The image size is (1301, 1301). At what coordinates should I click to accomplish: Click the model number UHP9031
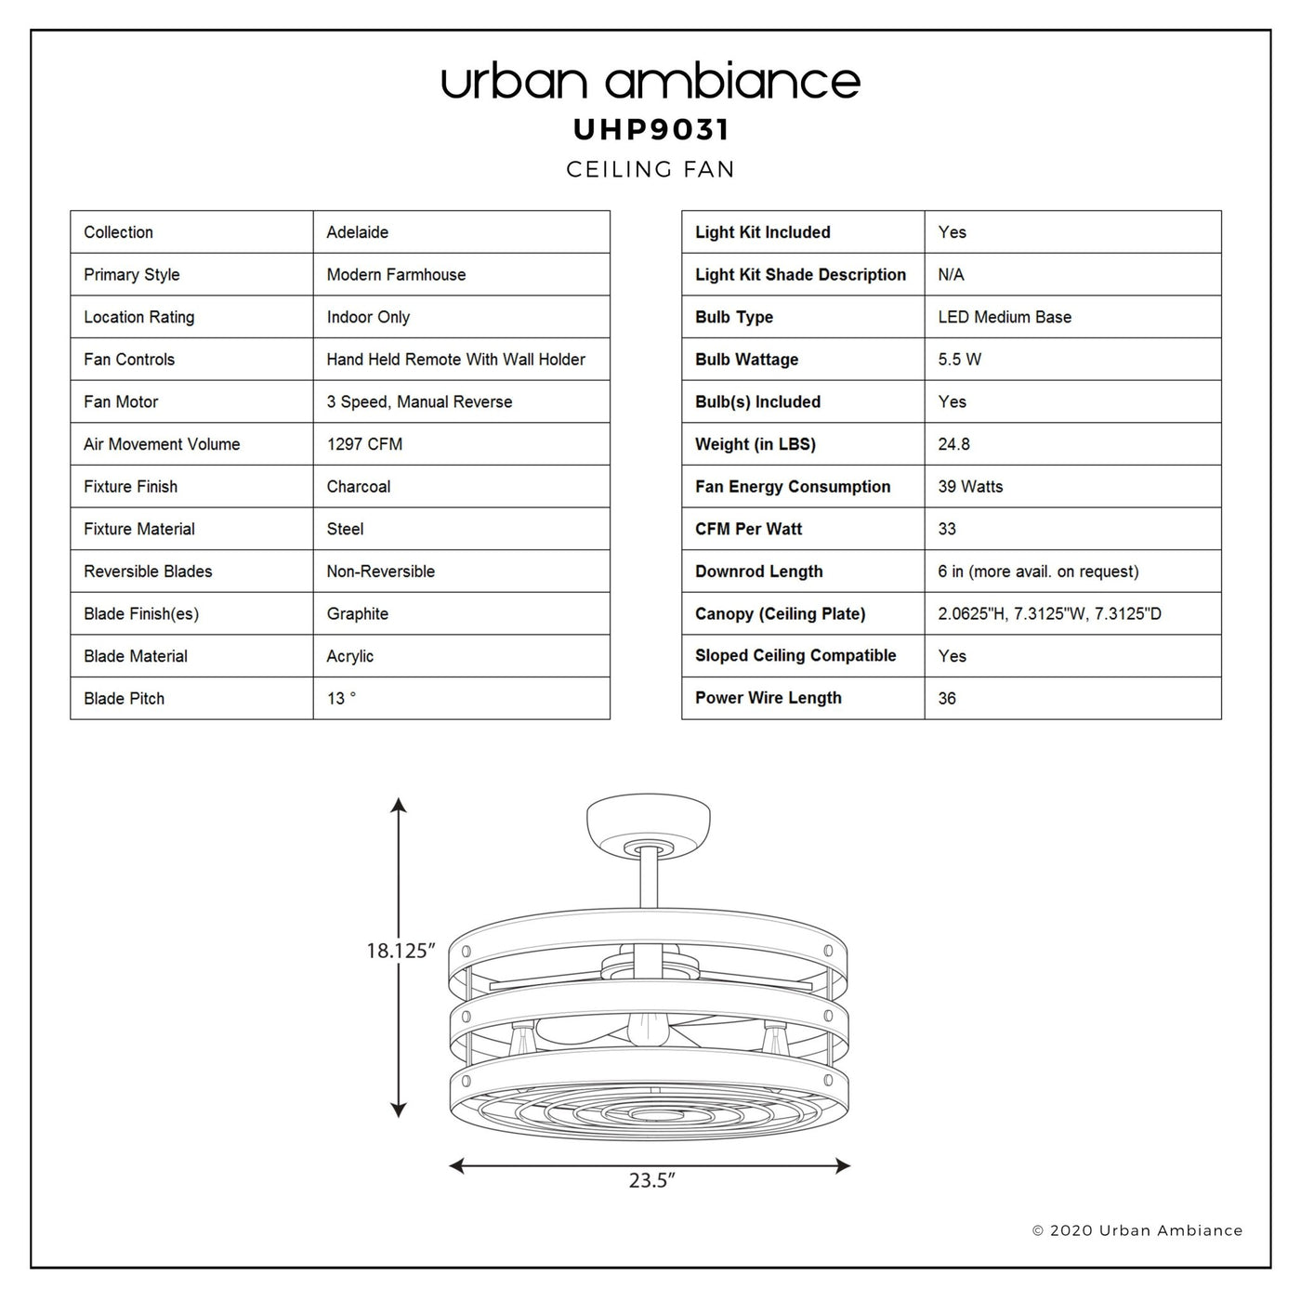650,129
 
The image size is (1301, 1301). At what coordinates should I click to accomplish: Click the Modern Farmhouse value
396,275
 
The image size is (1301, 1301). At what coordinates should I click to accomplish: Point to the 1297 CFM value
364,444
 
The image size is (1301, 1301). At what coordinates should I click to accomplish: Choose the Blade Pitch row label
125,699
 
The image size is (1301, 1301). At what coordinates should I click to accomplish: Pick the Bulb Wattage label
747,360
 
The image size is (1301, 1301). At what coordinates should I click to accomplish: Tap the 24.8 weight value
953,444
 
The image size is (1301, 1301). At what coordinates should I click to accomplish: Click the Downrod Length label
759,572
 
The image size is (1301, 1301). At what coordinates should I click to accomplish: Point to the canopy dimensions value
1049,613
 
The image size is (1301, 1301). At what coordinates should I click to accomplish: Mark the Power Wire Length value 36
947,699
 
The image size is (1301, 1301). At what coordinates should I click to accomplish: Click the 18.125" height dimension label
401,951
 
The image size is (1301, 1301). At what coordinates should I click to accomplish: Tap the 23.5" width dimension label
651,1180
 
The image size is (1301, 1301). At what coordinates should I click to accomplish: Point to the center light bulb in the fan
648,1031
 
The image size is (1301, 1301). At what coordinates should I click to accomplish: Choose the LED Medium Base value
1005,317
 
